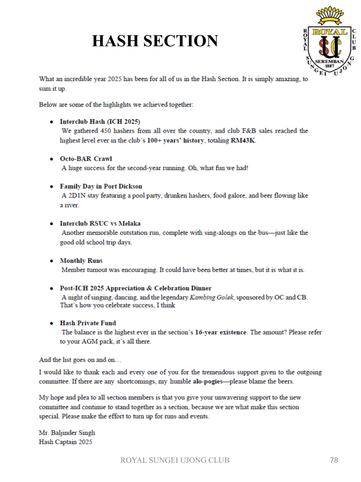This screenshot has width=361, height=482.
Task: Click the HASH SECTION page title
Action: click(155, 41)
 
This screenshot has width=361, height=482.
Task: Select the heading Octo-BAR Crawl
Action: click(86, 159)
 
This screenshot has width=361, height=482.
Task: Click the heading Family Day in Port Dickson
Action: click(101, 186)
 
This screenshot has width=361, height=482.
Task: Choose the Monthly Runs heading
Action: click(81, 261)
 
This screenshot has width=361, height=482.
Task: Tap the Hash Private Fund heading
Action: click(87, 323)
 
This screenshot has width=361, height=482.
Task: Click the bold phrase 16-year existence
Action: click(220, 332)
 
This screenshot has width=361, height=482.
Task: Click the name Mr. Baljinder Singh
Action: click(67, 433)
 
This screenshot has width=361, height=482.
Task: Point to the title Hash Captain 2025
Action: click(65, 442)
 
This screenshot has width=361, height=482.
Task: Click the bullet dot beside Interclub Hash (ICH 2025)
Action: click(51, 122)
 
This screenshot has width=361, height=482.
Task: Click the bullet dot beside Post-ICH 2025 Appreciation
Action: click(51, 289)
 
